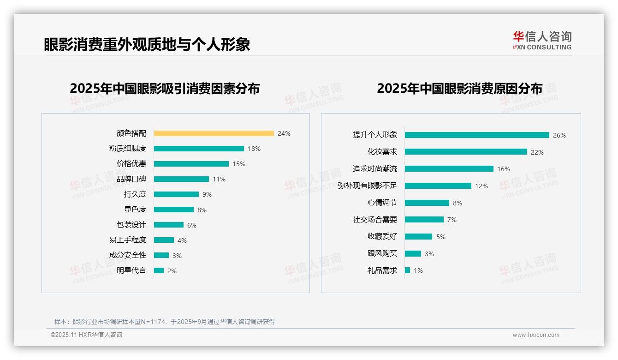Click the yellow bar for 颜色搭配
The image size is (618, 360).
214,133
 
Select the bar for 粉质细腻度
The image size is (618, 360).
199,149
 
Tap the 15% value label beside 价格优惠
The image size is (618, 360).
239,164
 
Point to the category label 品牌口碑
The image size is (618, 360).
131,179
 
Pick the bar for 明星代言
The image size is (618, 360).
159,270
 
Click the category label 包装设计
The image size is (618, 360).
131,225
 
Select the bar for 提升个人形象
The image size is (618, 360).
477,135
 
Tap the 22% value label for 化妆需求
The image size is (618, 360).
537,152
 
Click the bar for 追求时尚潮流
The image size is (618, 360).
449,169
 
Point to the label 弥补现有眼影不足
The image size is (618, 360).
368,186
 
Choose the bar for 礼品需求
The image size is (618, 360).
408,270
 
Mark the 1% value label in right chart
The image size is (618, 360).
418,270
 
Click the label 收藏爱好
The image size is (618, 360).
382,236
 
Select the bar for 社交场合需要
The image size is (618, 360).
424,220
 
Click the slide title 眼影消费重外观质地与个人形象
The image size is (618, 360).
147,44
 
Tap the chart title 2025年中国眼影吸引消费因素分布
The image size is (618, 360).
165,89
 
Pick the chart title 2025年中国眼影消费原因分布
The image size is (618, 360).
459,89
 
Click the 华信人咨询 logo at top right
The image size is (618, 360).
542,40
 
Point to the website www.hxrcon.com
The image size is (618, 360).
536,335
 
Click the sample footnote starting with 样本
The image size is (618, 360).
165,322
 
